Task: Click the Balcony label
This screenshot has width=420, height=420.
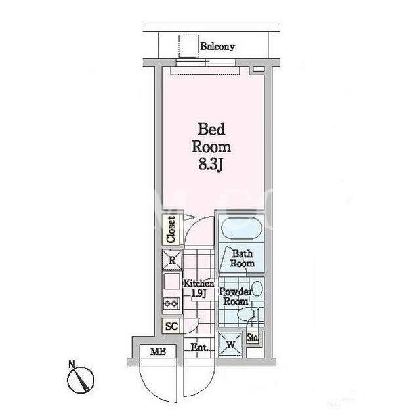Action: pos(217,47)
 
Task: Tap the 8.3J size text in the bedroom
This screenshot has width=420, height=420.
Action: pos(211,164)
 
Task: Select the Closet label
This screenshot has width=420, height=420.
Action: pos(171,230)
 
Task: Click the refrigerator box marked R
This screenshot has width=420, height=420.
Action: pos(172,260)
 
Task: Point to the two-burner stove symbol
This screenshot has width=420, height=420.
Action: pos(171,303)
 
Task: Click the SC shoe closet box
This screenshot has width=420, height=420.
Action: pos(171,326)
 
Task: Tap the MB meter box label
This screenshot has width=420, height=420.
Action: pos(158,352)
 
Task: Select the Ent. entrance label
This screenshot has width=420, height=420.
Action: pos(199,347)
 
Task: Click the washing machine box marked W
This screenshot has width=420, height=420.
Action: pos(230,345)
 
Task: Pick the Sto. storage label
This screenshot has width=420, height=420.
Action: pos(253,339)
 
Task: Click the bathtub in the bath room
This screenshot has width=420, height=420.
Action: pos(241,228)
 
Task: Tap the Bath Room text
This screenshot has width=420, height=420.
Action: pos(242,259)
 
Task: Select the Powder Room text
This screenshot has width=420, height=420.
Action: pos(236,297)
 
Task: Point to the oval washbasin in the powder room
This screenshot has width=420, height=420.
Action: pos(257,289)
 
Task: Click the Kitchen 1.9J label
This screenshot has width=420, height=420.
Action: pos(199,288)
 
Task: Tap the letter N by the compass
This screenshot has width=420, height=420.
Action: pos(72,364)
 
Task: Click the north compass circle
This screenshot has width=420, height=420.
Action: pos(80,380)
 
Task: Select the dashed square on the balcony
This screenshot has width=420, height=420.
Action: pos(188,46)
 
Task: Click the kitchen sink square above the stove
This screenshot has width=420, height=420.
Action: pos(171,282)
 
